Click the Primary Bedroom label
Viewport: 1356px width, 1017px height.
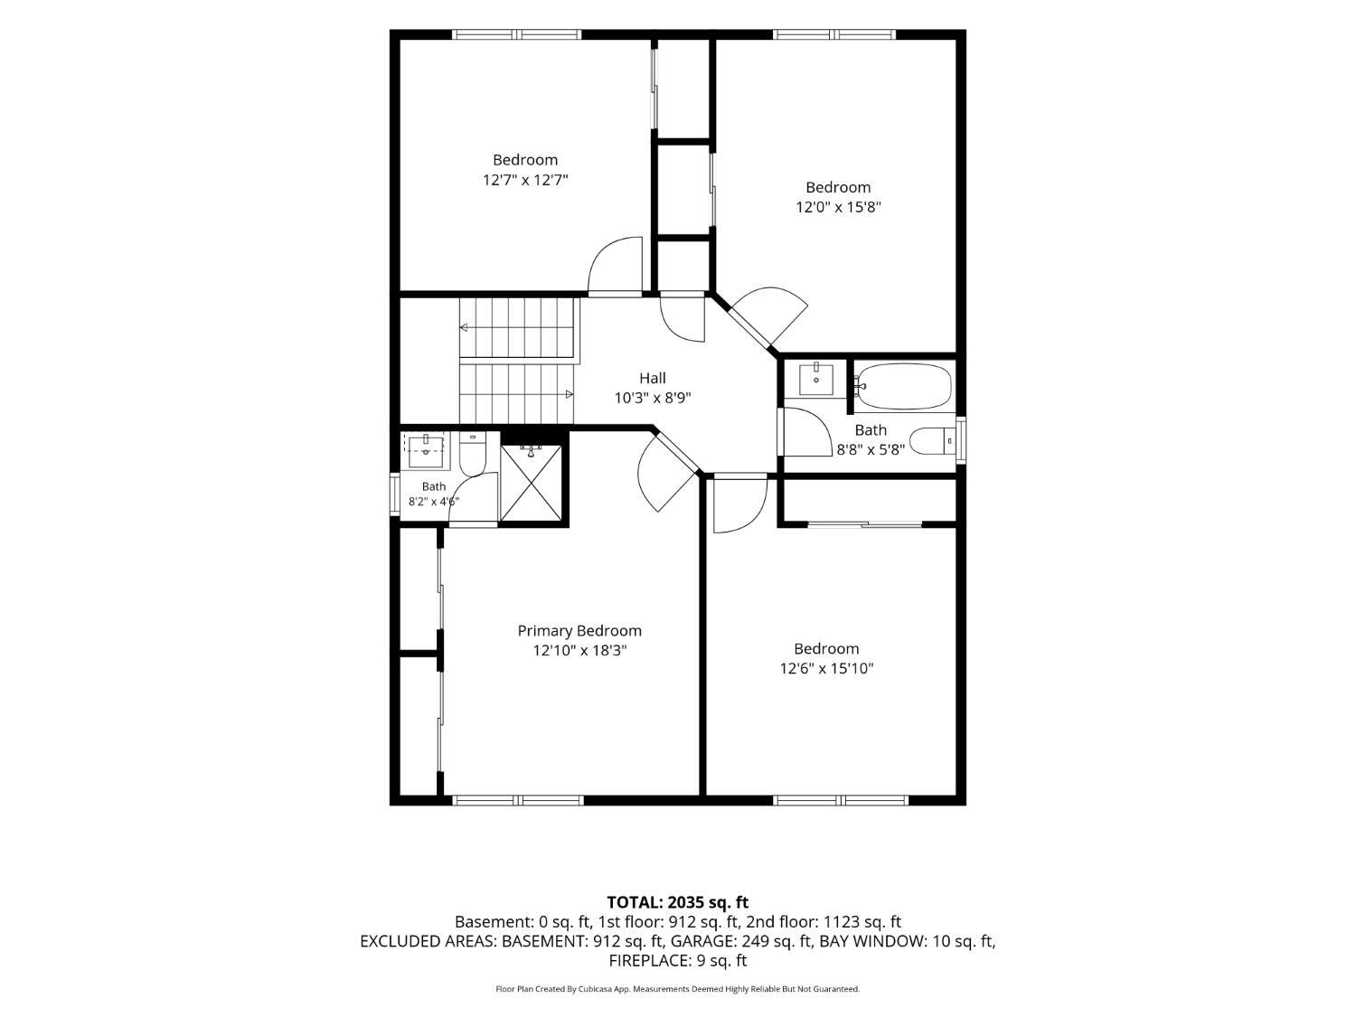(579, 630)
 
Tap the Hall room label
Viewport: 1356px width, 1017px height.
(653, 378)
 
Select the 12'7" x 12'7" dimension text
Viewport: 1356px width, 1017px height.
(525, 180)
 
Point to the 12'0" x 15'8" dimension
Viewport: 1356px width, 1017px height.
(838, 207)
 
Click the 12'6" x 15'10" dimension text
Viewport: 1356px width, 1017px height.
(826, 668)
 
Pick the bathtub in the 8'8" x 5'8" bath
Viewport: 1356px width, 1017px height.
(904, 386)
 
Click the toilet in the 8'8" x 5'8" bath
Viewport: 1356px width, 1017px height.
(933, 441)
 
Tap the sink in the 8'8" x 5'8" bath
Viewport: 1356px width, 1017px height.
(815, 380)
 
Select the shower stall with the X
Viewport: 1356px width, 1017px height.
(531, 483)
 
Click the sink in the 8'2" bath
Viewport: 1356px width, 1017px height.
(427, 451)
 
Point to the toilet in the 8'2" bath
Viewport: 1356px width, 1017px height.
(473, 453)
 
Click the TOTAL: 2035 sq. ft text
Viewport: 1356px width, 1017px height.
(678, 902)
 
